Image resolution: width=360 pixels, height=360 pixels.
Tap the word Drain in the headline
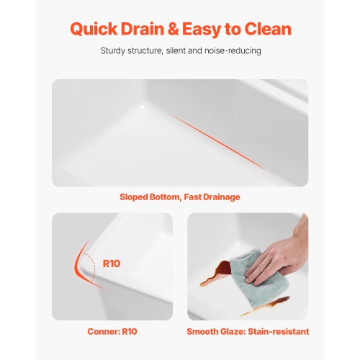click(x=148, y=29)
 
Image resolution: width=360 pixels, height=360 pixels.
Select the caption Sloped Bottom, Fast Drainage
click(x=180, y=197)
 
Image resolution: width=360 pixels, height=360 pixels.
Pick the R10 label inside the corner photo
click(x=112, y=264)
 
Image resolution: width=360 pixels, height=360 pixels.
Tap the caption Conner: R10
click(x=112, y=331)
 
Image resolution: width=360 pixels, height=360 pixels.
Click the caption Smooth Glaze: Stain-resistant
click(x=248, y=331)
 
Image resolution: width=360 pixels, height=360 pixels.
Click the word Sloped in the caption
click(x=135, y=197)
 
